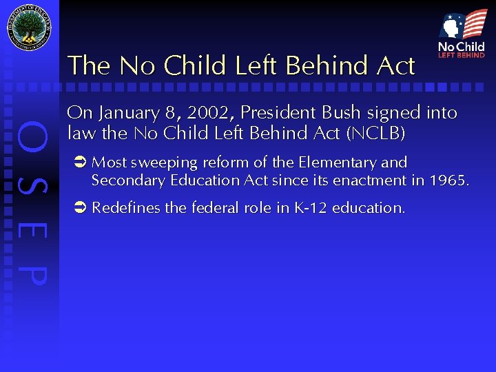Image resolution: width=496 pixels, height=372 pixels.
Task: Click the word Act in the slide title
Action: point(396,66)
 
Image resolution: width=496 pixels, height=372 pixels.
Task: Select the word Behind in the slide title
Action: point(320,66)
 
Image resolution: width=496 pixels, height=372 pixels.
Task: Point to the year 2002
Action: point(209,112)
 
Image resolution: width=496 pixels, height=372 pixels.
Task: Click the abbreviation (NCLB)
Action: point(378,132)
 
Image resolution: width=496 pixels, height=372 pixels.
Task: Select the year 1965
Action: point(448,180)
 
